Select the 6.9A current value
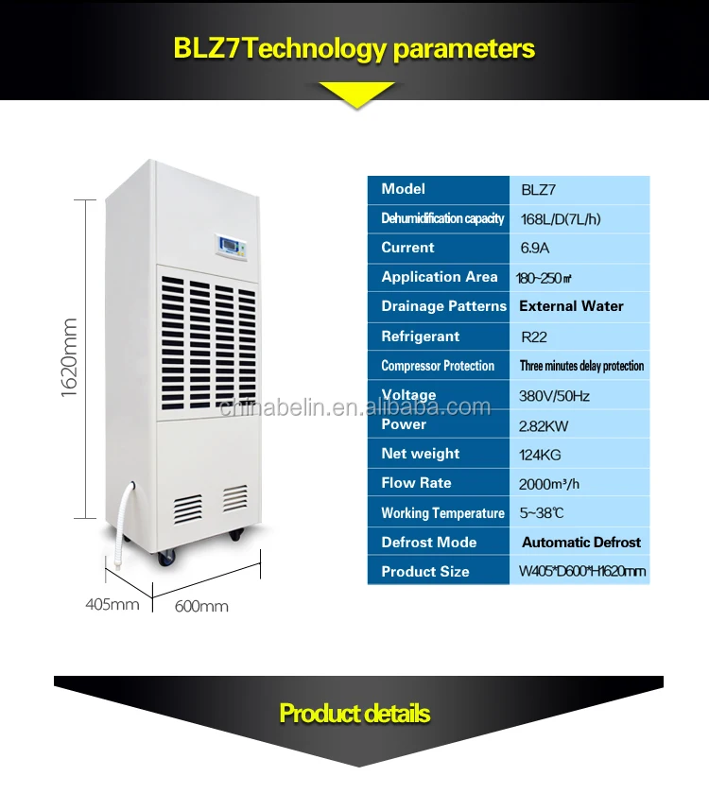535,249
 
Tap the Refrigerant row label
420,336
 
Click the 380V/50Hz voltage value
554,396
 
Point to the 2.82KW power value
544,425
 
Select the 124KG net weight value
539,455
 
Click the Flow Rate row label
416,483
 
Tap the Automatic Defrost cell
580,543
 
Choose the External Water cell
571,306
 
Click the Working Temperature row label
442,513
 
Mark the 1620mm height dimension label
70,357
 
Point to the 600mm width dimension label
201,606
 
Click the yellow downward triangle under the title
355,94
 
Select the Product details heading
354,714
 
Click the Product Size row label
425,572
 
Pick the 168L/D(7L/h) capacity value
561,219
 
